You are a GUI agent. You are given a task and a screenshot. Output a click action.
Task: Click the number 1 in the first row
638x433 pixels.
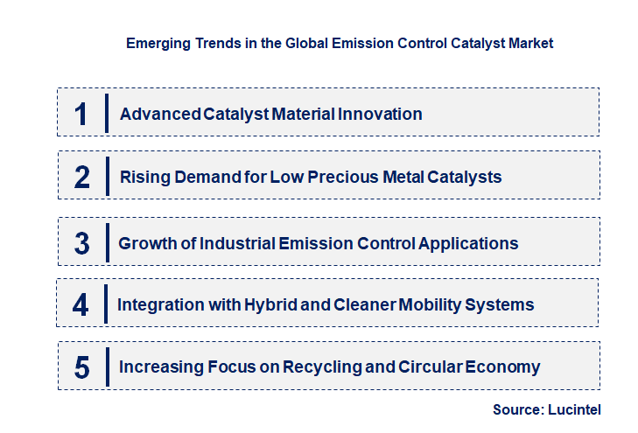click(x=81, y=114)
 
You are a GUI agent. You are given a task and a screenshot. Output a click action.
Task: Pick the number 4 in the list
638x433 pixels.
click(x=81, y=305)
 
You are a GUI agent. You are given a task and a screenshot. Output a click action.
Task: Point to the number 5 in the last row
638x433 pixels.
click(x=82, y=367)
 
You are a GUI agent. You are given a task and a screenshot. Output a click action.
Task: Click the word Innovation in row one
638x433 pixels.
click(x=377, y=114)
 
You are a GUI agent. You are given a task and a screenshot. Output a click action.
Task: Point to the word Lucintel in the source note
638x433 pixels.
click(x=574, y=409)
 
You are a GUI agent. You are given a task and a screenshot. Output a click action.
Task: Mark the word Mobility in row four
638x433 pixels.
click(x=433, y=304)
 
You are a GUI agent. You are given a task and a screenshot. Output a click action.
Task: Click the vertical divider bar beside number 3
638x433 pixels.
click(x=106, y=242)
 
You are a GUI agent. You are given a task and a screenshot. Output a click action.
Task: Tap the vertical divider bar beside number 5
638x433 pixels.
click(x=106, y=366)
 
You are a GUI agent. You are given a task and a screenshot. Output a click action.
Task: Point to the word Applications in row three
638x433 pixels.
click(x=468, y=243)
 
